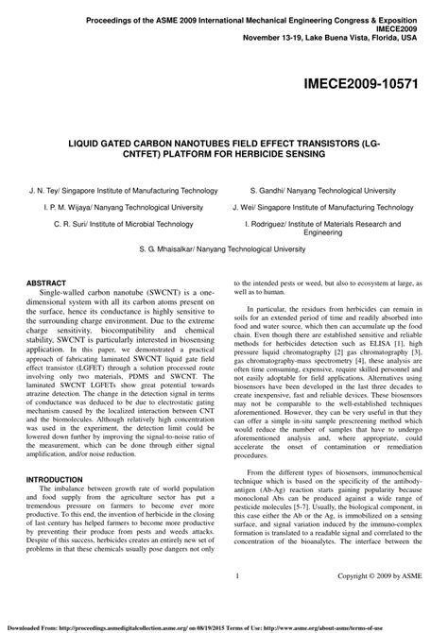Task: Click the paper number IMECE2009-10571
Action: coord(373,82)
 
